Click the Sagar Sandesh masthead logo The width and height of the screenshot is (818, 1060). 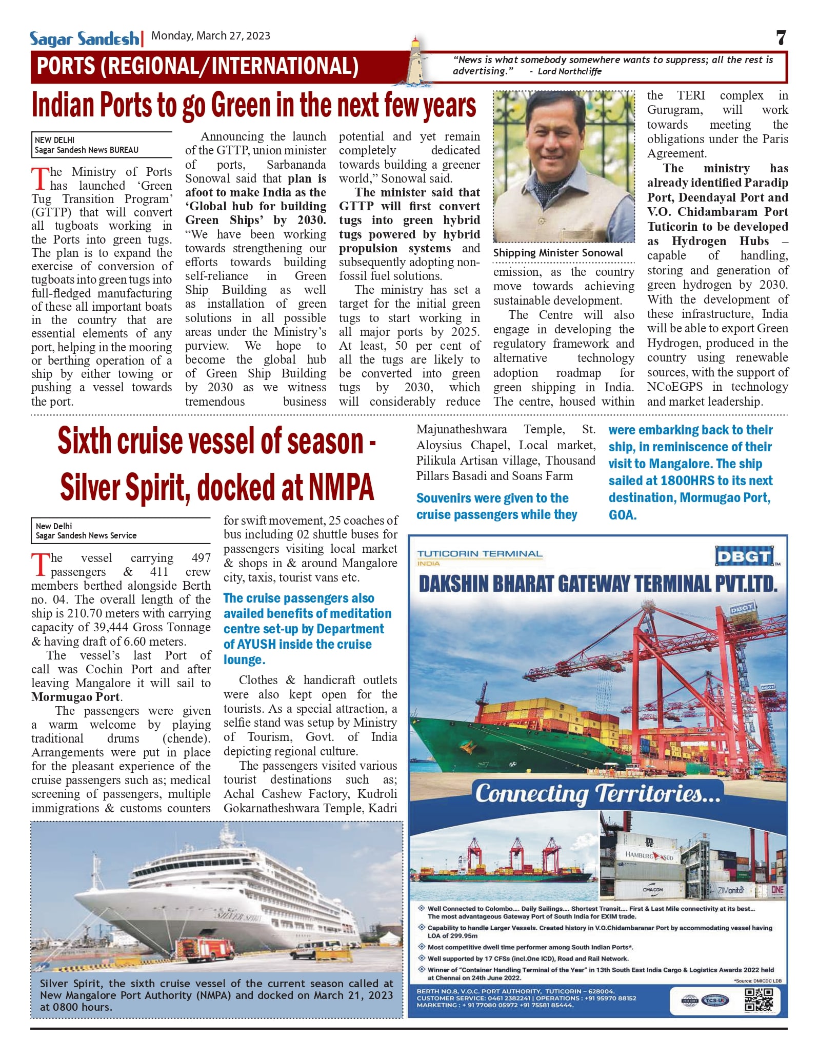pos(84,38)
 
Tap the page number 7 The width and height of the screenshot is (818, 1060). pos(780,37)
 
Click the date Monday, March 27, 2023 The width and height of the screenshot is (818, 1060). pos(211,36)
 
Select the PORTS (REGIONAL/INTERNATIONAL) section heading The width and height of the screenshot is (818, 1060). pos(198,67)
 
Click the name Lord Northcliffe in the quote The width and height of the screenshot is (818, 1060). pos(569,71)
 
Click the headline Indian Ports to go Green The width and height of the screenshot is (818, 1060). pos(254,106)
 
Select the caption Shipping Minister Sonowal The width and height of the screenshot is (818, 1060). pos(558,253)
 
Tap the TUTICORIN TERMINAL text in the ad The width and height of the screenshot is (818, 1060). pos(480,554)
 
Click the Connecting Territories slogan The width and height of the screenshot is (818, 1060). pos(597,793)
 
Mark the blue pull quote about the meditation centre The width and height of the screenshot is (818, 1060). pos(307,629)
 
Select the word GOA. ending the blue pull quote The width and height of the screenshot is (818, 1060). pos(623,515)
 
